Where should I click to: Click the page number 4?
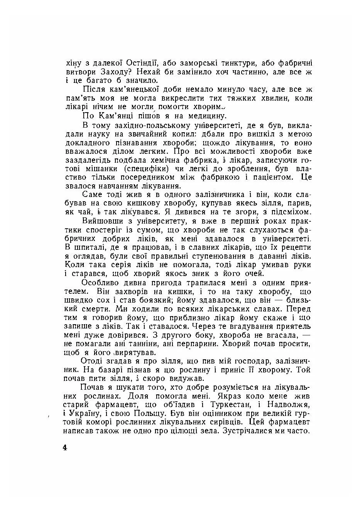click(64, 448)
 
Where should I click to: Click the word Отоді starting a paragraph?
click(93, 361)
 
